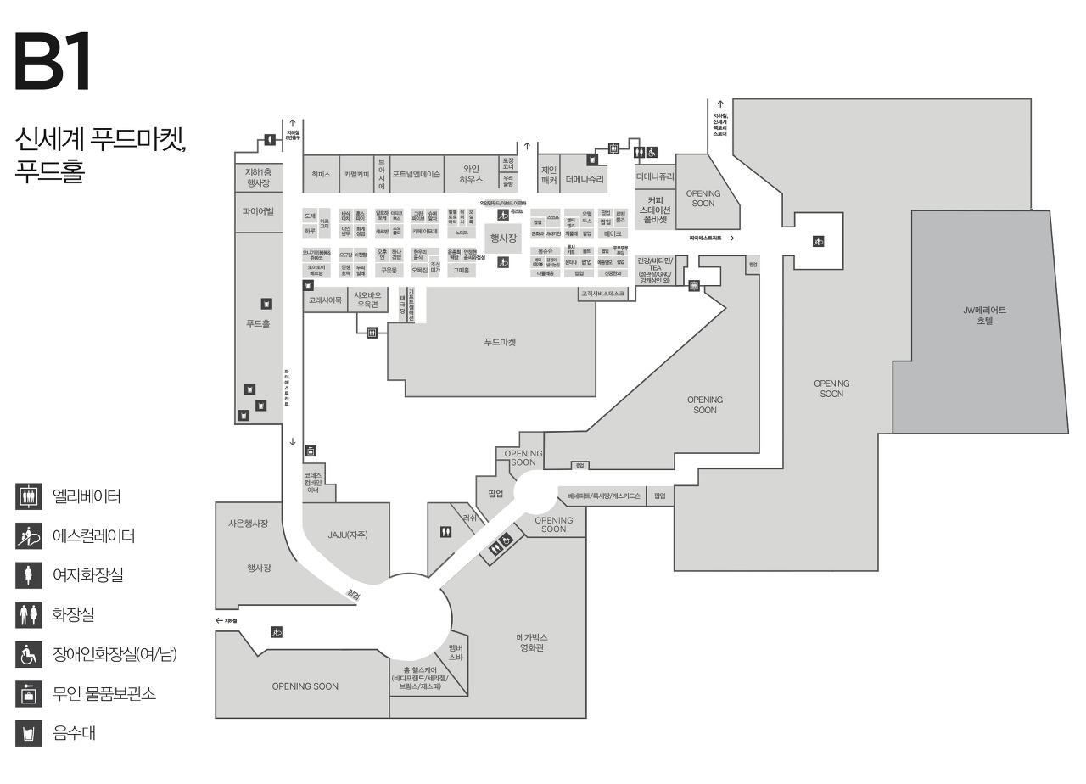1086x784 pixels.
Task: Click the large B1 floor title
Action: coord(53,63)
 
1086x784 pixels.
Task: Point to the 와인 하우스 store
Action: coord(471,174)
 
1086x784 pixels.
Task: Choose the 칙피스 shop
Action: coord(321,174)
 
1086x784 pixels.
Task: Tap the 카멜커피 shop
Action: coord(356,174)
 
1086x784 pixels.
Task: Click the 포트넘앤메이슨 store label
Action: coord(416,174)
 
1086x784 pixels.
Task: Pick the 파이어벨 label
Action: coord(258,210)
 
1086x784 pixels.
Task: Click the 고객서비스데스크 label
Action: coord(602,294)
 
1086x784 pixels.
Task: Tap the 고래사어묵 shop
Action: coord(325,300)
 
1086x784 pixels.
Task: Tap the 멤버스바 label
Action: coord(456,652)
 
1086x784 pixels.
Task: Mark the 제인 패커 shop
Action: coord(548,174)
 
